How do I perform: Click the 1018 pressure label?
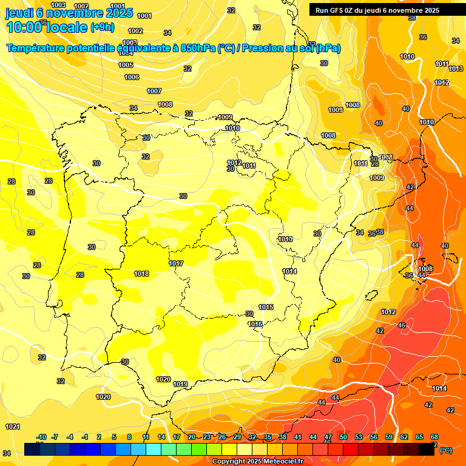coord(141,274)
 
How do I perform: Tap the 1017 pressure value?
coord(177,263)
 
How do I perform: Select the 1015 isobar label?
coord(266,307)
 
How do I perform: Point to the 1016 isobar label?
coord(255,324)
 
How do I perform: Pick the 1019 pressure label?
coord(180,384)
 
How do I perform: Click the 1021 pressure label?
coord(12,427)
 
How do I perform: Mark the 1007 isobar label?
coord(154,91)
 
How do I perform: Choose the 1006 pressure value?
coord(132,77)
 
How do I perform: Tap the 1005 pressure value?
coord(126,65)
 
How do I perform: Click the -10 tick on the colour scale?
coord(42,437)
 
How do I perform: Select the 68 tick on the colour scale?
coord(434,437)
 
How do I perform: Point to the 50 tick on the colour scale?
coord(343,437)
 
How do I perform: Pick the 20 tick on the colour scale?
coord(192,437)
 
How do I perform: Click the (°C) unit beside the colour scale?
coord(445,450)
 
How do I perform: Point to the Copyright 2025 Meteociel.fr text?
coord(257,461)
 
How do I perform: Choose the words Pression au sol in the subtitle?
coord(291,48)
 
